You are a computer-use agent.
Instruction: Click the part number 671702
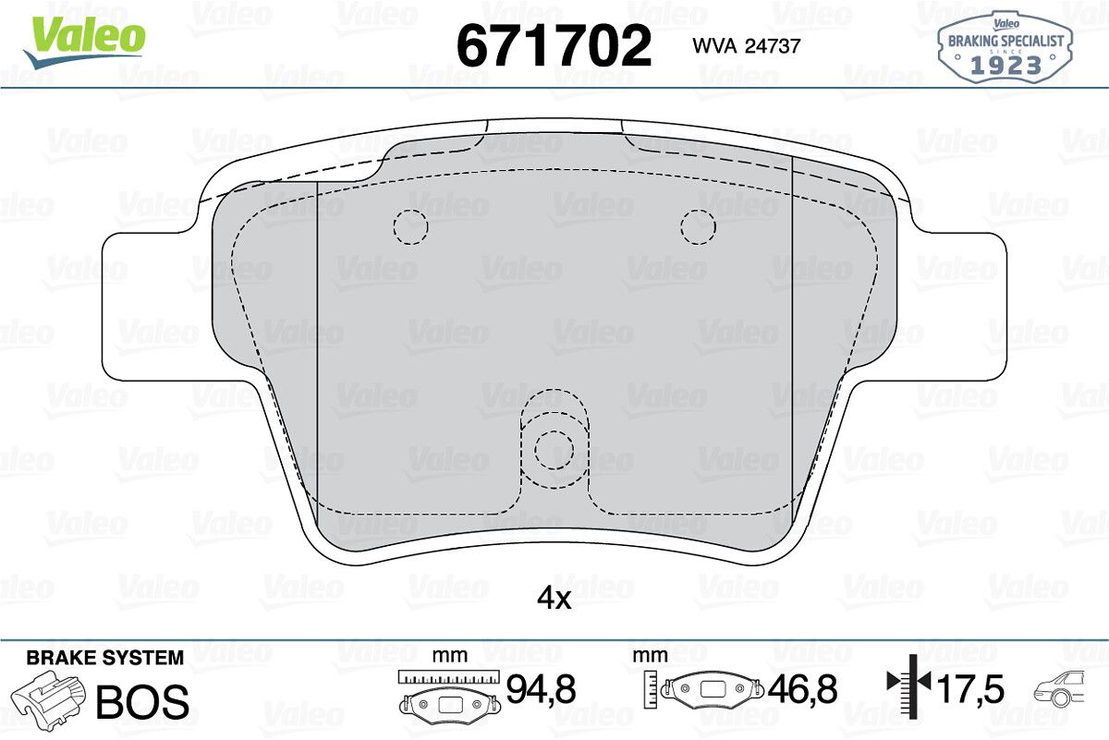click(x=554, y=46)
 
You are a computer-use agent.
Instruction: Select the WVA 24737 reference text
click(x=747, y=46)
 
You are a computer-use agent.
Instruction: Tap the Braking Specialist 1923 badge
click(x=1005, y=47)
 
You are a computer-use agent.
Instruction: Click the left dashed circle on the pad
click(x=411, y=227)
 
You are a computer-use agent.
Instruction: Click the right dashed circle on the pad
click(x=698, y=227)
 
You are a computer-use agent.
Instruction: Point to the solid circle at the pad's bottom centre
click(x=554, y=450)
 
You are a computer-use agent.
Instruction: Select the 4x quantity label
click(x=554, y=600)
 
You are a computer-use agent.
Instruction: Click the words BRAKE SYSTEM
click(x=105, y=658)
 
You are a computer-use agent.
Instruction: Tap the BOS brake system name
click(x=142, y=701)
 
